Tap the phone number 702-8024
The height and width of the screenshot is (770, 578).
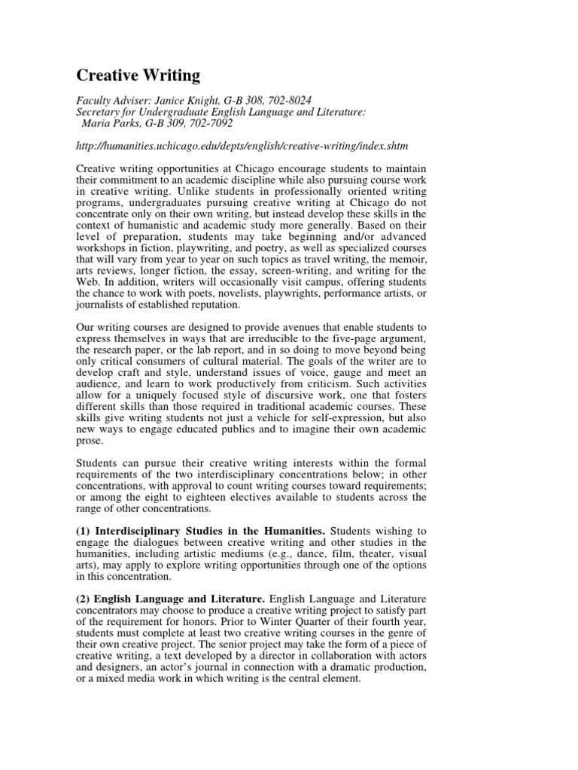point(290,99)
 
